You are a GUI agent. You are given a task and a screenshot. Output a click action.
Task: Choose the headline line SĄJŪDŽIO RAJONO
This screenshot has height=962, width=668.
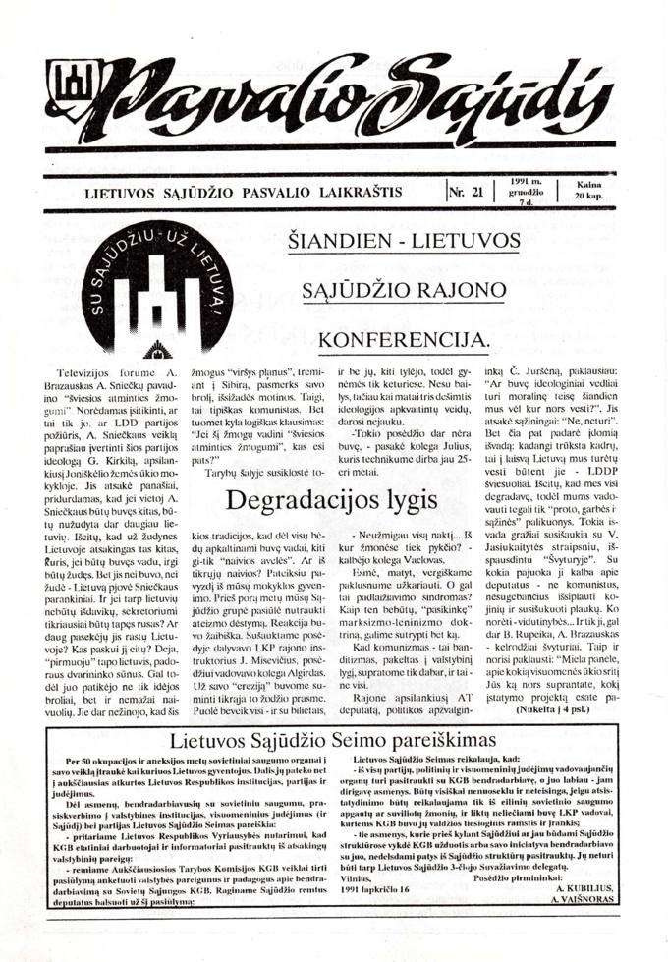404,291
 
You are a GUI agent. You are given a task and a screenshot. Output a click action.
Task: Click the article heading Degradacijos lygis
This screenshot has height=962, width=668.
331,499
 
